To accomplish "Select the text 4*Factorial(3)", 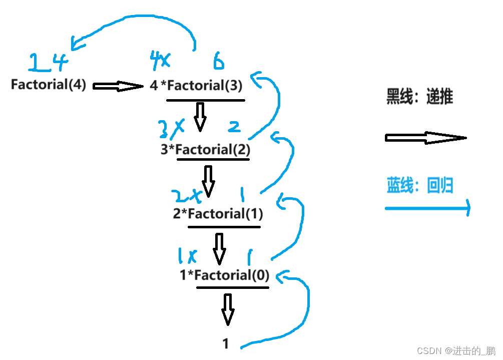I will pos(196,86).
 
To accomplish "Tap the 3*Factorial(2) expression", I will pos(205,149).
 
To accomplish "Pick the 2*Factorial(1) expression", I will pos(218,214).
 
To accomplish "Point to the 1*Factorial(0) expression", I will pos(224,275).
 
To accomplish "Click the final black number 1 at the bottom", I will pos(226,343).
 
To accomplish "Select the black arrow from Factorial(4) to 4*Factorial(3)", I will pos(118,86).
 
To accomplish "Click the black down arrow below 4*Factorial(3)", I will pos(200,117).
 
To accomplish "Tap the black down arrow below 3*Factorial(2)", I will pos(208,181).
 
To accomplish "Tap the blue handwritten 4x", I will pos(160,61).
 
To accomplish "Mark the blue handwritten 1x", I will pos(186,256).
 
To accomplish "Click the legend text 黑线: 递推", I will pos(419,97).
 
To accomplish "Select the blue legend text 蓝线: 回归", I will pos(419,185).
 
